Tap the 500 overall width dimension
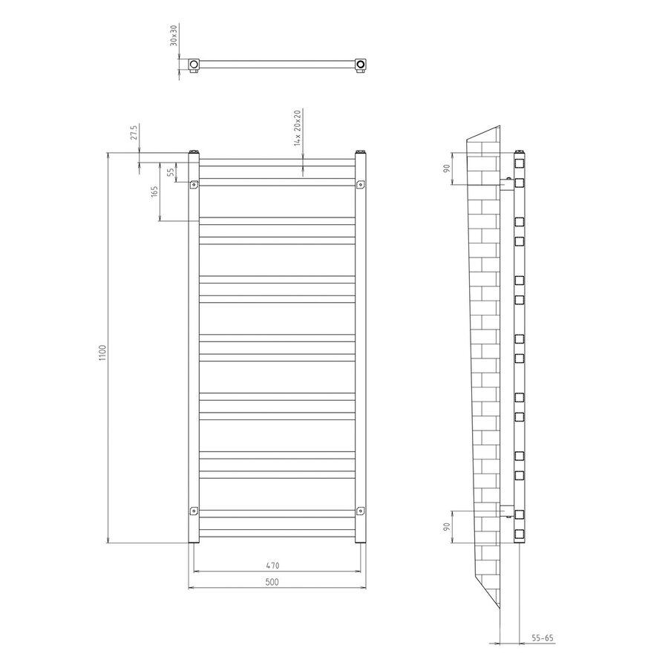coord(271,583)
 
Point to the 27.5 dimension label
coord(134,133)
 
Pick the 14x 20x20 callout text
coord(298,128)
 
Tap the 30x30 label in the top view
coord(174,36)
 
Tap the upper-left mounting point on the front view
coord(194,185)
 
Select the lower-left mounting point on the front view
coord(194,511)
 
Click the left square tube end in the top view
coord(194,65)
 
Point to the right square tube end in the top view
coord(361,65)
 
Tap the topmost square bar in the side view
coord(520,161)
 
